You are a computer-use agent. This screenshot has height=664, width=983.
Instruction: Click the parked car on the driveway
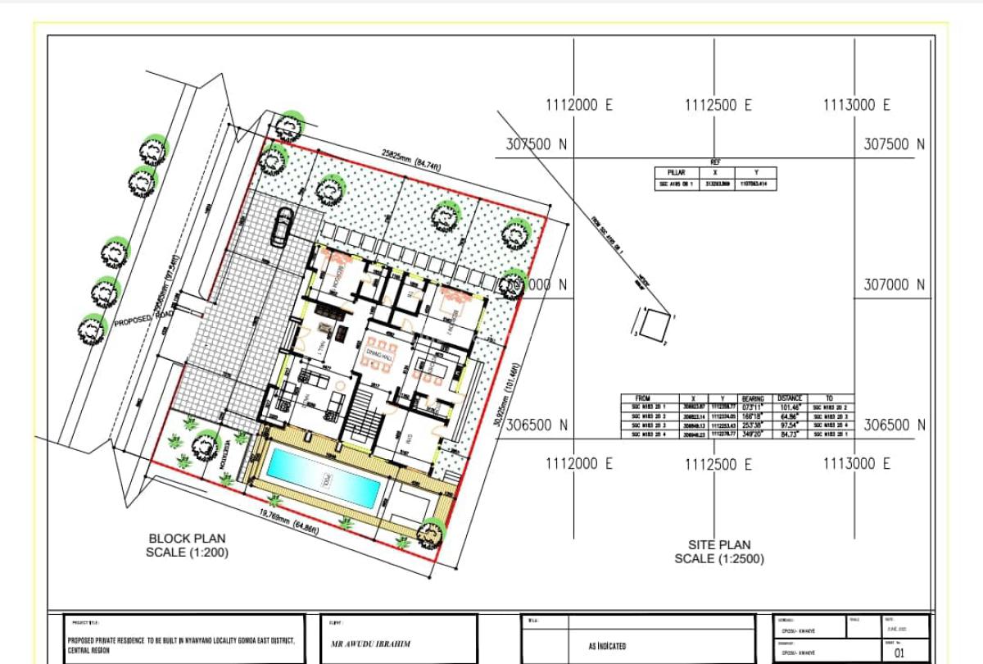pyautogui.click(x=281, y=226)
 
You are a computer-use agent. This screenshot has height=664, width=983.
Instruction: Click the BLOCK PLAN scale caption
pyautogui.click(x=187, y=545)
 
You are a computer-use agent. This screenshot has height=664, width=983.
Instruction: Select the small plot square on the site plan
pyautogui.click(x=653, y=325)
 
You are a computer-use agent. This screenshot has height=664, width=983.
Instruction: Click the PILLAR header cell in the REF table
pyautogui.click(x=677, y=173)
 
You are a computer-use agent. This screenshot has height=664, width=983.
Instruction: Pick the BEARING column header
pyautogui.click(x=751, y=398)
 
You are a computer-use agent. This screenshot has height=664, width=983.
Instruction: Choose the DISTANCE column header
pyautogui.click(x=790, y=398)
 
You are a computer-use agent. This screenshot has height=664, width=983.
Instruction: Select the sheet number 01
pyautogui.click(x=899, y=653)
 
